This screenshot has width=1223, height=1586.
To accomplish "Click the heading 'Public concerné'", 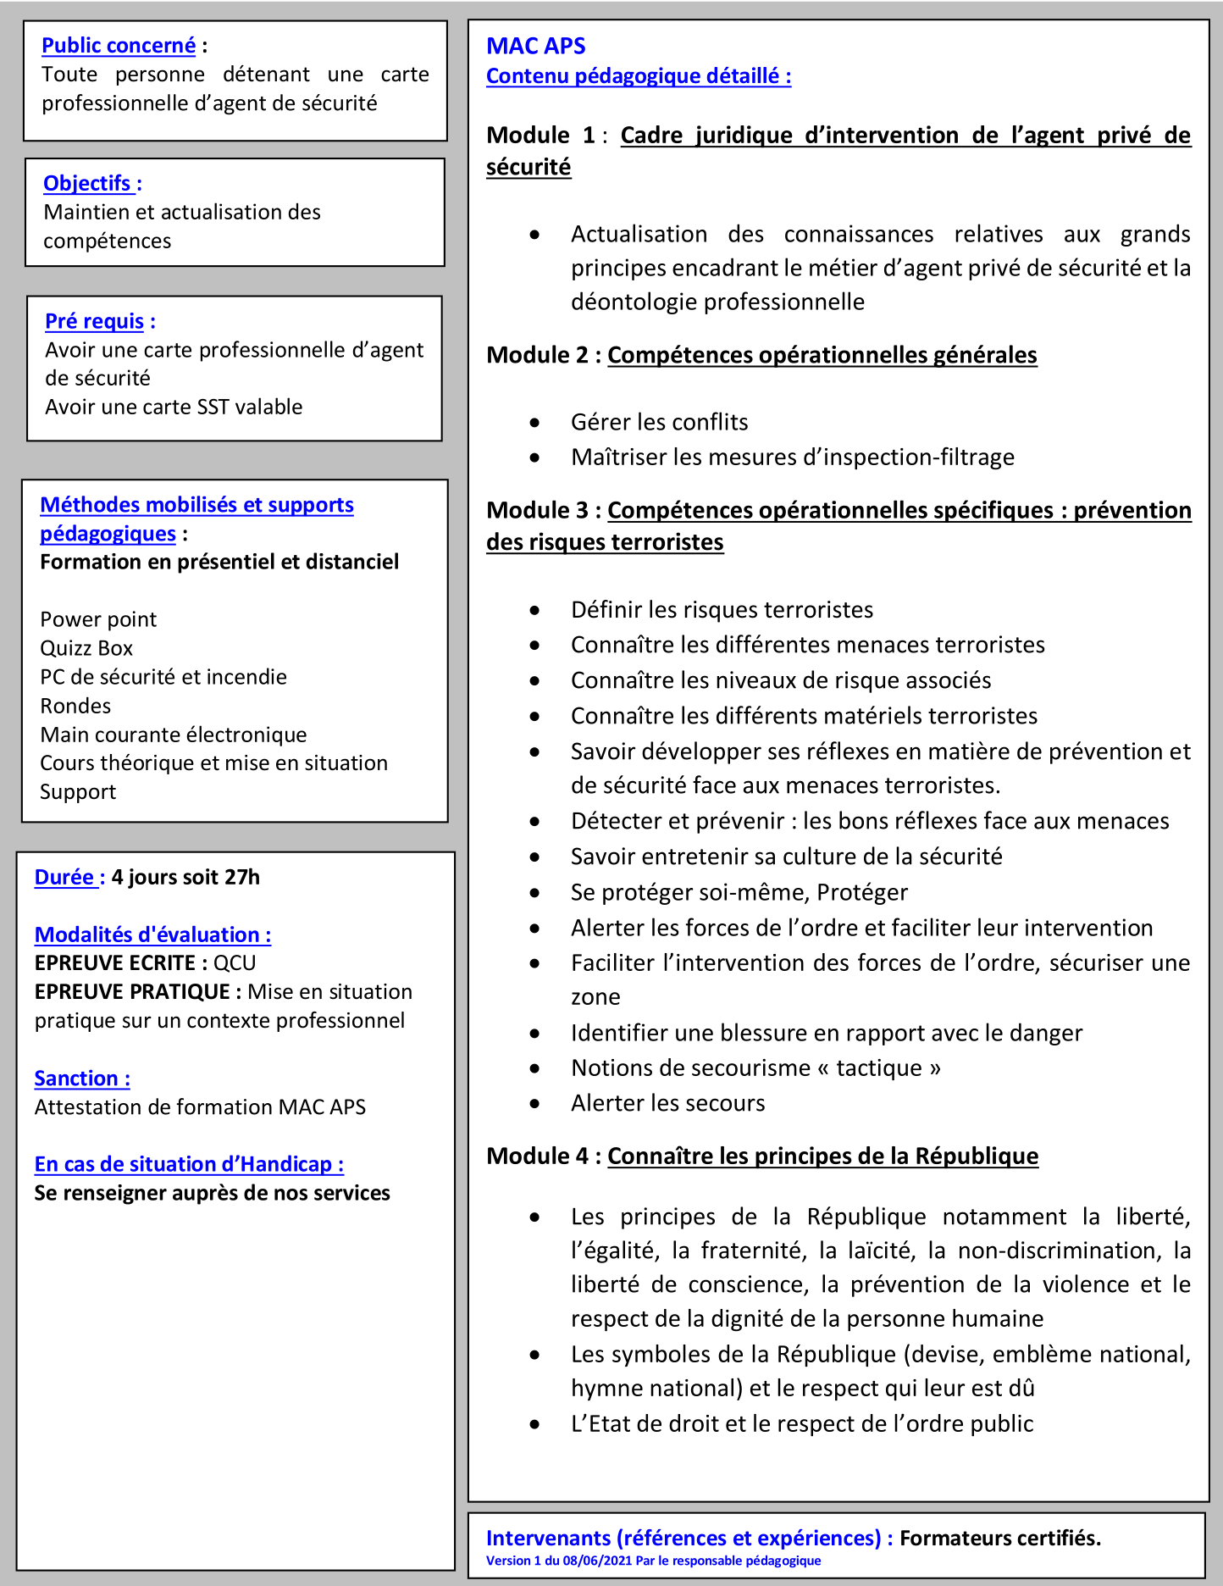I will [119, 46].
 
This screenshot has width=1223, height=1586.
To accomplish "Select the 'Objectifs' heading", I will [87, 184].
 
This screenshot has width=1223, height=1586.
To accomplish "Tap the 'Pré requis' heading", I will [94, 322].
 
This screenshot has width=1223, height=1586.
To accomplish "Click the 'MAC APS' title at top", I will [535, 46].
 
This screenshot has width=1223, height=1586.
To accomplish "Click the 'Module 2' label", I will [537, 355].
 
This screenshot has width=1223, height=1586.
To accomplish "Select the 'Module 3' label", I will [537, 510].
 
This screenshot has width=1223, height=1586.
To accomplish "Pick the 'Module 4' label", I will [537, 1156].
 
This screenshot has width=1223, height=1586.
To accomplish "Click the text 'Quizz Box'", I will [86, 649].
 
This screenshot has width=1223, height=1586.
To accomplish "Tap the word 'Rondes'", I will [75, 707].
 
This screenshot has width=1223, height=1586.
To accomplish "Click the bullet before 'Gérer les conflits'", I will [534, 423].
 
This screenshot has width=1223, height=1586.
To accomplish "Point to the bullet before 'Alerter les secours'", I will [534, 1104].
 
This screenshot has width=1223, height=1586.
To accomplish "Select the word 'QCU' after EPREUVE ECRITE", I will [235, 963].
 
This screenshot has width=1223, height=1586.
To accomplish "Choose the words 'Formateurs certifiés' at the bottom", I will [999, 1539].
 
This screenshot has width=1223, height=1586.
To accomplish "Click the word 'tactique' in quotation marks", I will [879, 1068].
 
